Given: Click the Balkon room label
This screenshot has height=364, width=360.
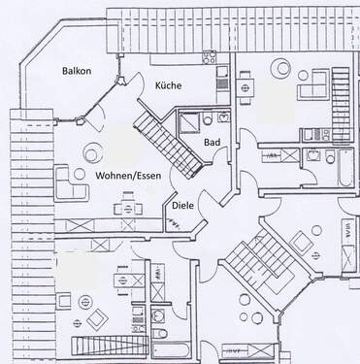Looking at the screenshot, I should click(x=79, y=70).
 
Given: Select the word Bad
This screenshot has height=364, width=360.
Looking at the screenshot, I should click(x=211, y=143).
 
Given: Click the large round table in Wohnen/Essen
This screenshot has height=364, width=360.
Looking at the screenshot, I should click(x=94, y=152).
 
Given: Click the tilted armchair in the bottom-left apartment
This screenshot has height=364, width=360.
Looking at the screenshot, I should click(x=98, y=320).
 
